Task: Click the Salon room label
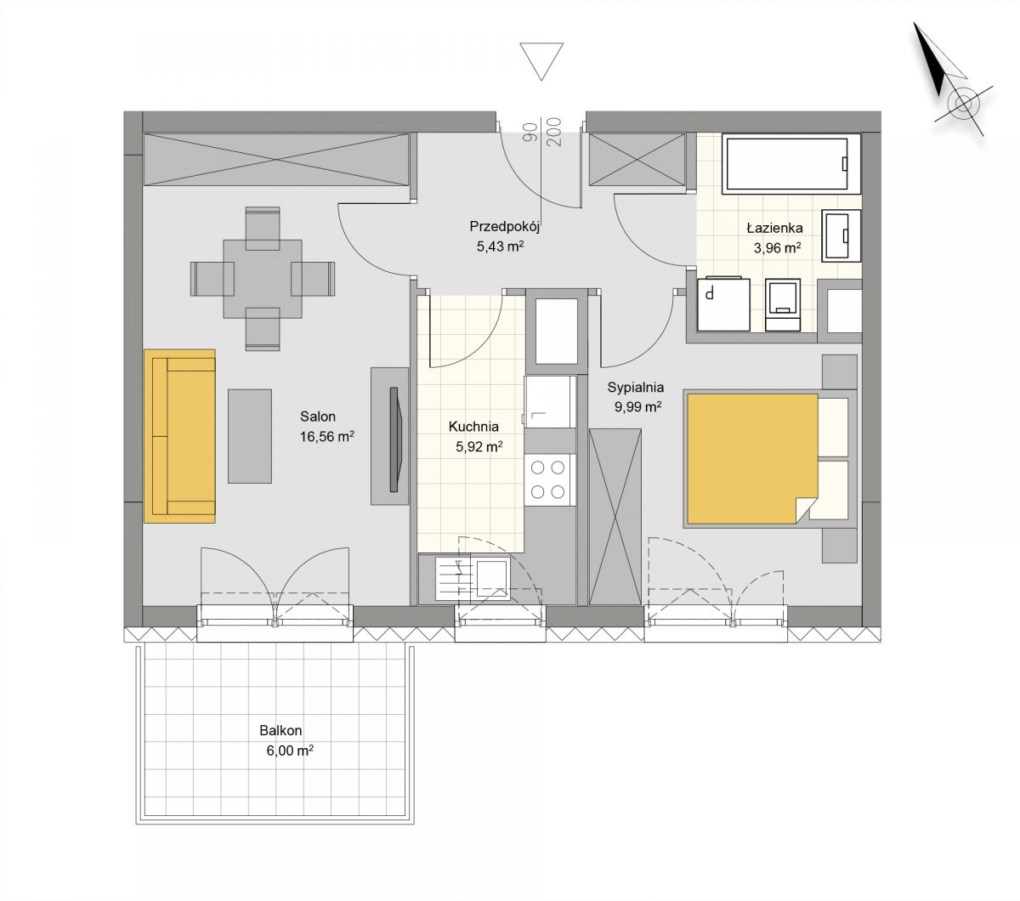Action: (x=318, y=416)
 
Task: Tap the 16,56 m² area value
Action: (x=326, y=436)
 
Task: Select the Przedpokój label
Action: (x=504, y=227)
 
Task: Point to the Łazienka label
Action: (x=774, y=228)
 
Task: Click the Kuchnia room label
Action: (x=473, y=427)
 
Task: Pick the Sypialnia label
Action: (x=635, y=388)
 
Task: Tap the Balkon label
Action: (x=280, y=730)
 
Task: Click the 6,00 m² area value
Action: (x=290, y=751)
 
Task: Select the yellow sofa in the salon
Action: (x=179, y=436)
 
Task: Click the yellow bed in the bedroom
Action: (x=752, y=459)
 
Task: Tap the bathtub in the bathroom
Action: (x=791, y=164)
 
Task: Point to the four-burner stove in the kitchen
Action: (x=549, y=480)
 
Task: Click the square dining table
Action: (x=263, y=279)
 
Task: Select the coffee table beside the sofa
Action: (x=250, y=436)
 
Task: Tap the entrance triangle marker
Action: (x=541, y=61)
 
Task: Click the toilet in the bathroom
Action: (x=782, y=304)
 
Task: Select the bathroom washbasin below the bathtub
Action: (x=841, y=235)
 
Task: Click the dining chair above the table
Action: (x=263, y=228)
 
